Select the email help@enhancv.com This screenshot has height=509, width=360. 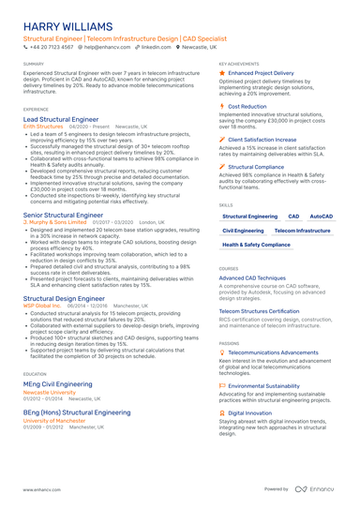[x=107, y=46]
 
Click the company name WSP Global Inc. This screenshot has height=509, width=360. [x=41, y=306]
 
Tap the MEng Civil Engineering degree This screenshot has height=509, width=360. [x=58, y=383]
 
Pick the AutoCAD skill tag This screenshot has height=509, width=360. [x=322, y=217]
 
